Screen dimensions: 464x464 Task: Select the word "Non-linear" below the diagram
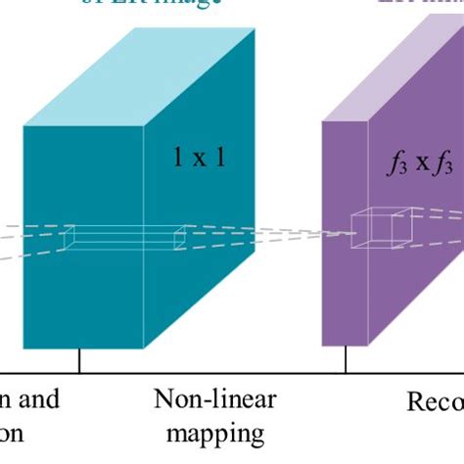click(x=214, y=399)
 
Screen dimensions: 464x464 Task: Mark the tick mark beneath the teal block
click(x=79, y=361)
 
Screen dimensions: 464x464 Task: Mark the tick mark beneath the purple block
click(x=347, y=361)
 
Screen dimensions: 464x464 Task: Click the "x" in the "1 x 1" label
click(x=200, y=156)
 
